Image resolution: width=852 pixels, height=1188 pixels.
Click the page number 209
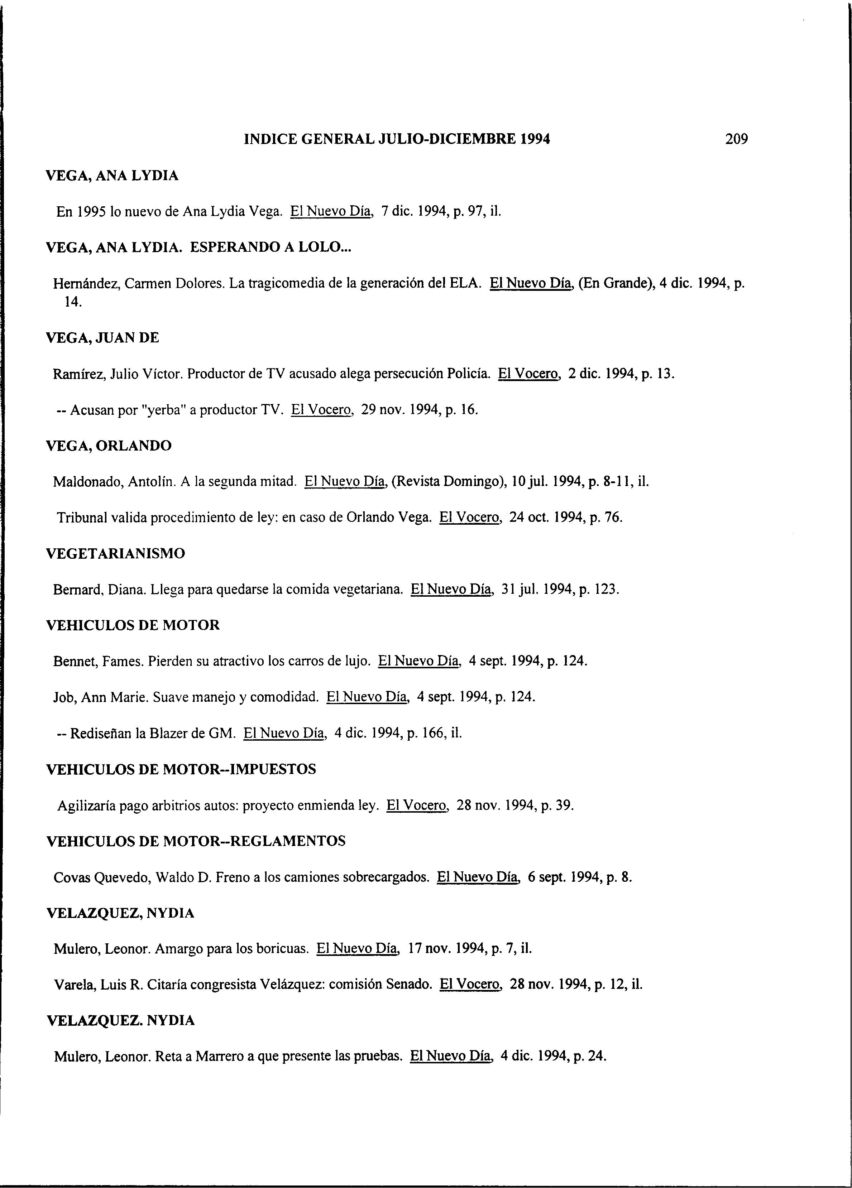click(x=736, y=139)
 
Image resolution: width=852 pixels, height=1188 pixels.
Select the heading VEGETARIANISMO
click(x=116, y=554)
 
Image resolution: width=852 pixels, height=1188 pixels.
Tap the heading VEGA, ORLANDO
click(x=109, y=446)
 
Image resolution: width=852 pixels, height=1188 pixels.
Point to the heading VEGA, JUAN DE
click(x=103, y=338)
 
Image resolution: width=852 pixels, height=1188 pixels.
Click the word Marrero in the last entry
click(x=219, y=1057)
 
